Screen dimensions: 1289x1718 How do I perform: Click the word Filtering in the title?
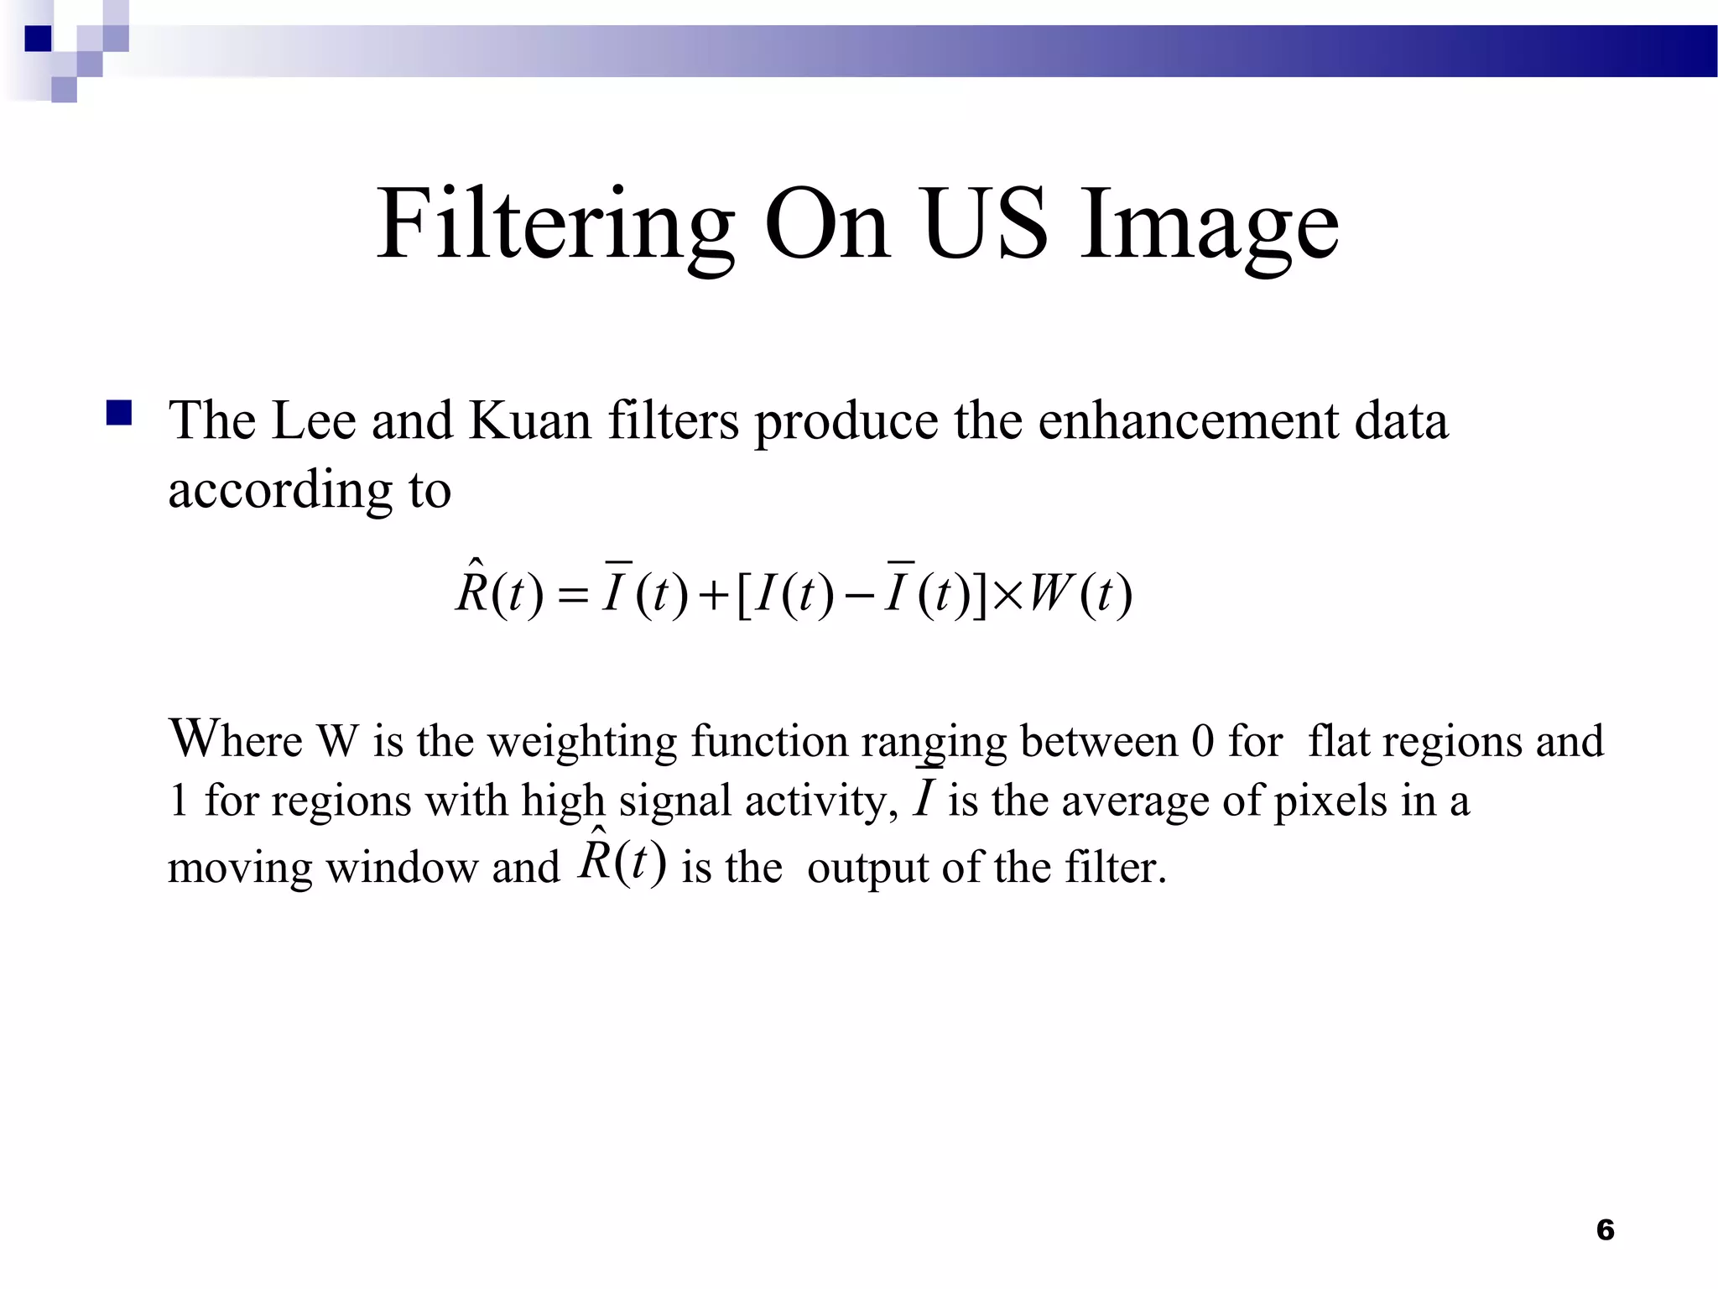[554, 225]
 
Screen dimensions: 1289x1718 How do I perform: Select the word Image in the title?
[1209, 225]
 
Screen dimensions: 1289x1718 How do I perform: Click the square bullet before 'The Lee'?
[119, 414]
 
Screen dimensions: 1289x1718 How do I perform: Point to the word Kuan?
[529, 420]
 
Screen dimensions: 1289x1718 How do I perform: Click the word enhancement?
[1188, 420]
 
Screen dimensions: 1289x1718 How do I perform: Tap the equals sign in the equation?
[572, 597]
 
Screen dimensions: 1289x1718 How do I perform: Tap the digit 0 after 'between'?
[1202, 742]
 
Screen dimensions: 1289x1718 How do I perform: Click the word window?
[402, 868]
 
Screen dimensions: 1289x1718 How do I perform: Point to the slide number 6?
[1605, 1229]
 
